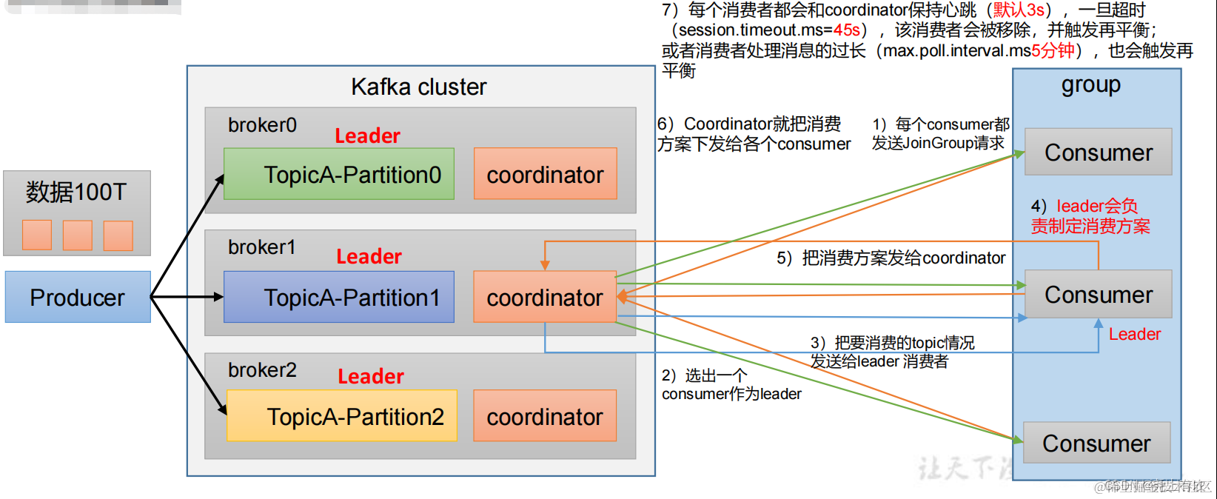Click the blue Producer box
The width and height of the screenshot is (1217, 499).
pyautogui.click(x=78, y=297)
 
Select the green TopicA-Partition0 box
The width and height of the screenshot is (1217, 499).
pyautogui.click(x=338, y=174)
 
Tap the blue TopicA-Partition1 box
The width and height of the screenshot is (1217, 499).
pyautogui.click(x=338, y=297)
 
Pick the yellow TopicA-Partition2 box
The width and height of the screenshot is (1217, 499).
pyautogui.click(x=341, y=416)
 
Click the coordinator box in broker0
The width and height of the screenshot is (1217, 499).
pyautogui.click(x=545, y=174)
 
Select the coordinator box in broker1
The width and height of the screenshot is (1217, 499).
pyautogui.click(x=545, y=297)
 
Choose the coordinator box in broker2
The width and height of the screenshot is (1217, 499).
pyautogui.click(x=545, y=416)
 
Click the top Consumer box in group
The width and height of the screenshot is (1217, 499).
pyautogui.click(x=1098, y=153)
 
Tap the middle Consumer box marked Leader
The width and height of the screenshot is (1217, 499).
pyautogui.click(x=1098, y=295)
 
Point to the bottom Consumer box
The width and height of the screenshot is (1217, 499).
pyautogui.click(x=1096, y=443)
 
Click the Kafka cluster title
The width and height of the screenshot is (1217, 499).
pyautogui.click(x=418, y=87)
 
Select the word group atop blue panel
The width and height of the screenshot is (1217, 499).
pyautogui.click(x=1090, y=84)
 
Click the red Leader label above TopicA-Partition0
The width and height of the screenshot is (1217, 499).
pyautogui.click(x=367, y=136)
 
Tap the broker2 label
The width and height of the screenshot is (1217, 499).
pyautogui.click(x=262, y=369)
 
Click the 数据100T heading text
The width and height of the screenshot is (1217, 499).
pyautogui.click(x=76, y=192)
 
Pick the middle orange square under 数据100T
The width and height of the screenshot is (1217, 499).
pyautogui.click(x=78, y=235)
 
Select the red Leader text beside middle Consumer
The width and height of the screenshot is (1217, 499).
pyautogui.click(x=1134, y=335)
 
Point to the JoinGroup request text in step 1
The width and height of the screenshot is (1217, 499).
pyautogui.click(x=938, y=143)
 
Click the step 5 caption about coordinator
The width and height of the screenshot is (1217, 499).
pyautogui.click(x=891, y=258)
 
